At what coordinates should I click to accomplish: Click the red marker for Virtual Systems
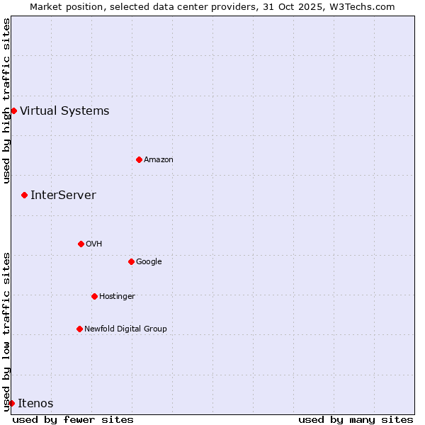click(x=13, y=110)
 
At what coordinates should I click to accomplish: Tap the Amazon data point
click(x=139, y=159)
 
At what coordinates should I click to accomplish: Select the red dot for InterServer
click(x=24, y=195)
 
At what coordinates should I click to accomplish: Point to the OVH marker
click(x=81, y=244)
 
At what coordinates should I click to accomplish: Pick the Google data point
click(x=131, y=261)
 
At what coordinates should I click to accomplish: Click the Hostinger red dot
click(x=94, y=296)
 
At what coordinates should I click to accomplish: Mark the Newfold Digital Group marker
click(x=79, y=329)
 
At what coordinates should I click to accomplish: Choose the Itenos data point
click(x=11, y=403)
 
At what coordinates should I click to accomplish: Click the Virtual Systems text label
click(x=64, y=110)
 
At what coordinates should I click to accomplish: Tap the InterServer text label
click(x=63, y=195)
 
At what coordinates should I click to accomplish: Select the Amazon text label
click(x=159, y=159)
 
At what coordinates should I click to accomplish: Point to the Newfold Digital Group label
click(x=125, y=329)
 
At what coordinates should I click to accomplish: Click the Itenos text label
click(x=35, y=403)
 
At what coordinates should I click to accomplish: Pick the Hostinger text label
click(x=117, y=296)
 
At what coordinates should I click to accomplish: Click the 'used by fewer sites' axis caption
click(x=73, y=419)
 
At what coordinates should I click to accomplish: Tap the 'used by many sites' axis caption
click(x=356, y=419)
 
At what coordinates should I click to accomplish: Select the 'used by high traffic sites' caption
click(x=6, y=101)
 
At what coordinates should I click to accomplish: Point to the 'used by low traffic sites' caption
click(x=6, y=331)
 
